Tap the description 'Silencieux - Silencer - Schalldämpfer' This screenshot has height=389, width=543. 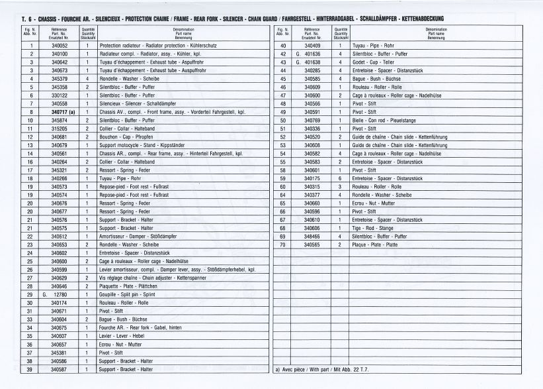pyautogui.click(x=133, y=103)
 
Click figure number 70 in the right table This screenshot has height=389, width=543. pyautogui.click(x=282, y=244)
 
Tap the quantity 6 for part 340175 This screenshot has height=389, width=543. pyautogui.click(x=340, y=178)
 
